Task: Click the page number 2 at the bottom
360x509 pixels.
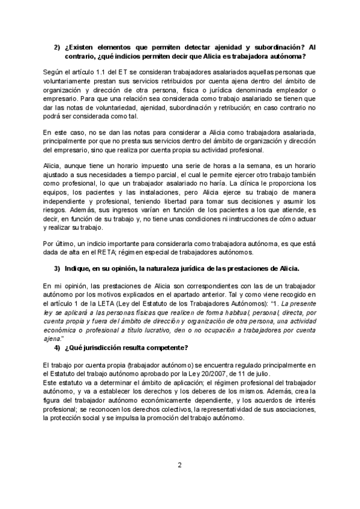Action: [x=179, y=464]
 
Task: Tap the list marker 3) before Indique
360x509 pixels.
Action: [x=58, y=267]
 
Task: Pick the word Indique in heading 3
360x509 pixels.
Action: [x=84, y=267]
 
